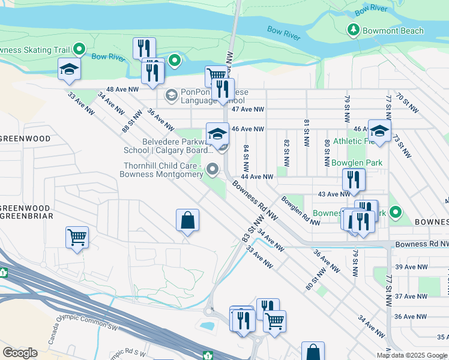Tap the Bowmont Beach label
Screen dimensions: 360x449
click(x=394, y=31)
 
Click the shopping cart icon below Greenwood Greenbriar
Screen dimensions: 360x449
click(x=77, y=236)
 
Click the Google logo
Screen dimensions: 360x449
click(x=20, y=353)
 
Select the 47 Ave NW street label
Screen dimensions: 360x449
click(x=248, y=109)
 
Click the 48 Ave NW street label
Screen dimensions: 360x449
click(x=122, y=89)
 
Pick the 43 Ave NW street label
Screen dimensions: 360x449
click(x=334, y=194)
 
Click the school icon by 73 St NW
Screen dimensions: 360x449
click(x=379, y=130)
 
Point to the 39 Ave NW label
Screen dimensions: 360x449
click(x=411, y=266)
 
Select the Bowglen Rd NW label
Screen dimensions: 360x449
click(x=300, y=211)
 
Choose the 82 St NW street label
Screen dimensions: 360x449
click(x=286, y=152)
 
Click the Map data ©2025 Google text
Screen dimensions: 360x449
click(x=412, y=355)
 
